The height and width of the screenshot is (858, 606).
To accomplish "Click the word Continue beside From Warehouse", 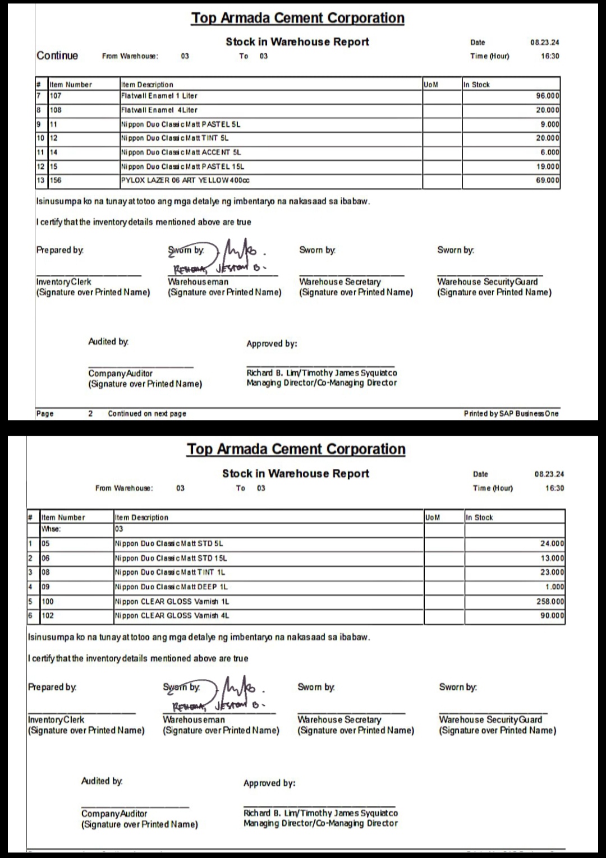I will [57, 56].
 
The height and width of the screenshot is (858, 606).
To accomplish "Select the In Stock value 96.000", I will [547, 96].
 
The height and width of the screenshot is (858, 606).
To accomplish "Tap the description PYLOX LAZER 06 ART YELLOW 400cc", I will [185, 181].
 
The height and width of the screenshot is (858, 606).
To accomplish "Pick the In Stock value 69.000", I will [547, 181].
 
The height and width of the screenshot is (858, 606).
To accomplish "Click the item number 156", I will [56, 181].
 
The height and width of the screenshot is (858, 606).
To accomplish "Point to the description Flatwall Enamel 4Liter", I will [159, 110].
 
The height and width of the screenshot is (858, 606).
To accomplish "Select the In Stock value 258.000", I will [550, 601].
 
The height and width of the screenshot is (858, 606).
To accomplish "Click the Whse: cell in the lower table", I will [51, 529].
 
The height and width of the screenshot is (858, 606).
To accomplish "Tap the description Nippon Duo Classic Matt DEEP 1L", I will [171, 587].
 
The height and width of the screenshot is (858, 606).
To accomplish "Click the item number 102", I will [48, 615].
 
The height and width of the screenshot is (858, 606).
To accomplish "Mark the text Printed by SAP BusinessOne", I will [511, 413].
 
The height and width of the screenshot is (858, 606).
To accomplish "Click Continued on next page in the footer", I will [147, 413].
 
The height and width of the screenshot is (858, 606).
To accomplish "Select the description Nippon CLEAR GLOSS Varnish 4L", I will [172, 615].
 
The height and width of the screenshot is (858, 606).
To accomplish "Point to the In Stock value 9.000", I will [549, 124].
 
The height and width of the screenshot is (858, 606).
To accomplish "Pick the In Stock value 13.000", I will [552, 558].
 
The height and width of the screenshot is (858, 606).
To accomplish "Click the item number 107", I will [56, 96].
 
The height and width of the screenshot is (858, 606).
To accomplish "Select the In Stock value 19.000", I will [547, 167].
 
